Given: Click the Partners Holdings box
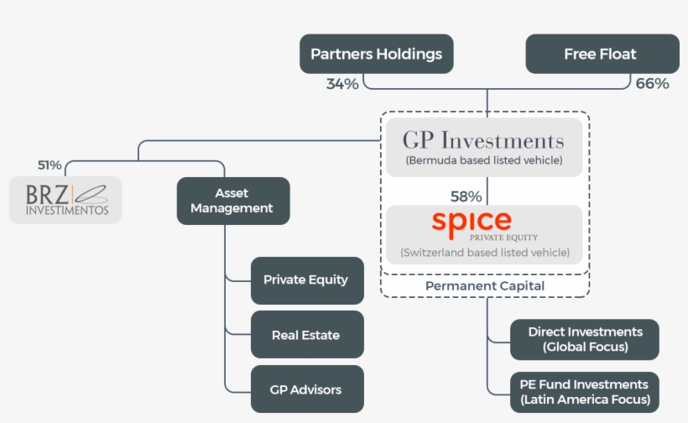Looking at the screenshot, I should tap(376, 55).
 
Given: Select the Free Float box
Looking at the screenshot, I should tap(601, 55).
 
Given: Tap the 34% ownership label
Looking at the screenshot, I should tap(342, 84).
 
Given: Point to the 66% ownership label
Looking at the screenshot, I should tap(652, 84).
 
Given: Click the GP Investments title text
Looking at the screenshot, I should tap(483, 139).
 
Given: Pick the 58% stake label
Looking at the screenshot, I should tap(466, 196).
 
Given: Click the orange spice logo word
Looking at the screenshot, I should tap(472, 222).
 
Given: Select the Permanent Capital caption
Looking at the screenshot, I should tap(485, 286).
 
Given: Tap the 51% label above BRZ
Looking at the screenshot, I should tap(50, 165).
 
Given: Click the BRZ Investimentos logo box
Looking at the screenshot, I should tap(66, 200).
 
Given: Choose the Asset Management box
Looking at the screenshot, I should tap(232, 201).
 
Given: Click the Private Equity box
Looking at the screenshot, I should tap(306, 280).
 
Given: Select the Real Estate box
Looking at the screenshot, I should tap(306, 335).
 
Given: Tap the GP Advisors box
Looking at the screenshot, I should tap(306, 389).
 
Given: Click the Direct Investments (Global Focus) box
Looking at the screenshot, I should tap(585, 339).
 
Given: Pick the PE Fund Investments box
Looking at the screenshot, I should tap(585, 392).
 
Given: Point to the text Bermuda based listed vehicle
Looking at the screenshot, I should tap(483, 160).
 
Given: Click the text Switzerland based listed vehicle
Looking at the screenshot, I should tap(485, 252).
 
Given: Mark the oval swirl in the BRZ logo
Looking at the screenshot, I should tap(91, 192).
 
